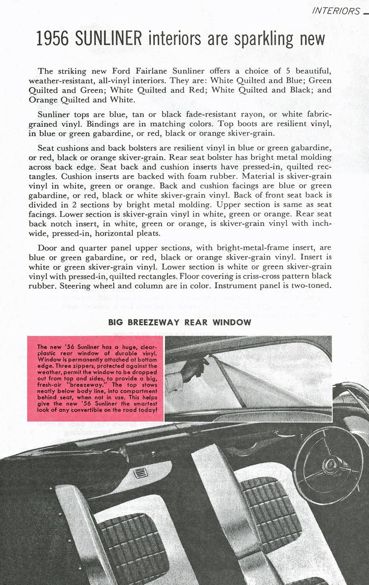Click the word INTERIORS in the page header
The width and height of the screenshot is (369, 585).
pyautogui.click(x=336, y=11)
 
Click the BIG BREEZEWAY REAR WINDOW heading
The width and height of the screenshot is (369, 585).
pyautogui.click(x=180, y=322)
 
